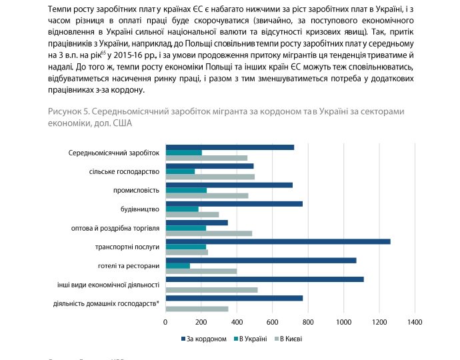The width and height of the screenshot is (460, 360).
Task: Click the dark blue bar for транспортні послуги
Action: [277, 241]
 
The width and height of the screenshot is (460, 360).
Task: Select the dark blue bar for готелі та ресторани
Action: [261, 260]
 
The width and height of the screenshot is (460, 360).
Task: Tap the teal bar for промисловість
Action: [186, 190]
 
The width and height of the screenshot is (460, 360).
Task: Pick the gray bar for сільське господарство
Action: [210, 177]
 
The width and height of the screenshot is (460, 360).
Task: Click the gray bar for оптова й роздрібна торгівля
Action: [209, 233]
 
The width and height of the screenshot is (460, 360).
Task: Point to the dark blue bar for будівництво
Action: [234, 203]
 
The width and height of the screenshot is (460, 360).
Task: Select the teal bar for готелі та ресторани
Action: [177, 266]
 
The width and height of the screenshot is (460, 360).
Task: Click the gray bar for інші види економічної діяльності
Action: [211, 290]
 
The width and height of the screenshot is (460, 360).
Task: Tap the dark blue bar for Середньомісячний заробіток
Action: [229, 147]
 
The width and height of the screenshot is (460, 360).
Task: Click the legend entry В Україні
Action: [253, 339]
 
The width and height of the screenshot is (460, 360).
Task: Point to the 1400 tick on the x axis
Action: [415, 322]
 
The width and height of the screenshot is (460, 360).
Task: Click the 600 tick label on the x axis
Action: [272, 322]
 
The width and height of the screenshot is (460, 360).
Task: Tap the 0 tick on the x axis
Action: [165, 322]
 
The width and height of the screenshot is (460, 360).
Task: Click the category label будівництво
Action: [139, 209]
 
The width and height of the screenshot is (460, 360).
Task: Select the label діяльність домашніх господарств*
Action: [106, 304]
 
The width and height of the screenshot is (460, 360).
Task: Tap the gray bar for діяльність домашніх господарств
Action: [197, 309]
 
